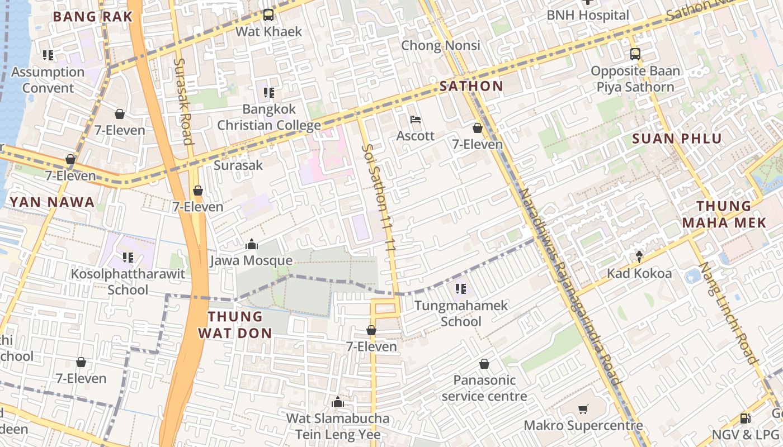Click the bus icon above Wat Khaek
coord(268,15)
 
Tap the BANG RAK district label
coord(93,17)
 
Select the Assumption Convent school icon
coord(48,55)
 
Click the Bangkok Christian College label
coord(269,117)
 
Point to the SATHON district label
coord(471,86)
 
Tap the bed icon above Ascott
coord(416,120)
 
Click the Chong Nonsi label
coord(441,45)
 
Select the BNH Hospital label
coord(588,15)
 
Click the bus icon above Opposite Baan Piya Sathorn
coord(635,54)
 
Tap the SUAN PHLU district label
coord(677,139)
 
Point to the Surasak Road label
coord(183,101)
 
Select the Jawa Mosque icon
coord(251,244)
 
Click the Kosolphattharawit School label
coord(128,282)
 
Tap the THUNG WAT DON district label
coord(235,325)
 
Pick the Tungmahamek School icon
coord(461,289)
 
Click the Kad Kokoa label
coord(639,274)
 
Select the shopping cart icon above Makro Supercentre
coord(583,410)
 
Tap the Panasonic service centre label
coord(484,388)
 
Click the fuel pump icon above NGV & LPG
coord(745,418)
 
